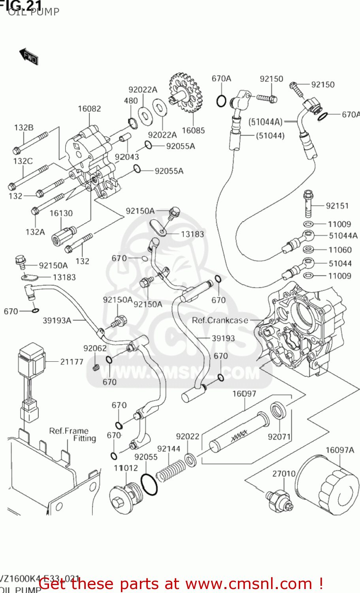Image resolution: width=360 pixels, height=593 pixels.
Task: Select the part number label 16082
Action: [89, 109]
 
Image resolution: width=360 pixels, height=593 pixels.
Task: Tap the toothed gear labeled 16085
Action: [185, 93]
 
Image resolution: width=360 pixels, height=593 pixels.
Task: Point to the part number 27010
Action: [284, 474]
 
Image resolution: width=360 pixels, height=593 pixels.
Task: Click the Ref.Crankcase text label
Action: [220, 320]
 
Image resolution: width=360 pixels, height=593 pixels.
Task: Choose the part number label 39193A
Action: [57, 320]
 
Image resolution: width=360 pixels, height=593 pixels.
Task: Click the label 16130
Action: [61, 213]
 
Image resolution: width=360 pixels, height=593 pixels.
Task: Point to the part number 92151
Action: [337, 206]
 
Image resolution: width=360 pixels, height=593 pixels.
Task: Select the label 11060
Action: [340, 250]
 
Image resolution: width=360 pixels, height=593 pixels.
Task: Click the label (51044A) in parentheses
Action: [266, 122]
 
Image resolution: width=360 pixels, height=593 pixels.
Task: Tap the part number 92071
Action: [279, 437]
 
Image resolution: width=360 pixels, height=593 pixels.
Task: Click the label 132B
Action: [24, 128]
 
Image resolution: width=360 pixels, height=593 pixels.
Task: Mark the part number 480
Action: [131, 101]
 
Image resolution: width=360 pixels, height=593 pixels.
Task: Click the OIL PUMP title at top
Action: [33, 12]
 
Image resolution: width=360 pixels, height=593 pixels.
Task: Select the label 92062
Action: [95, 348]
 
